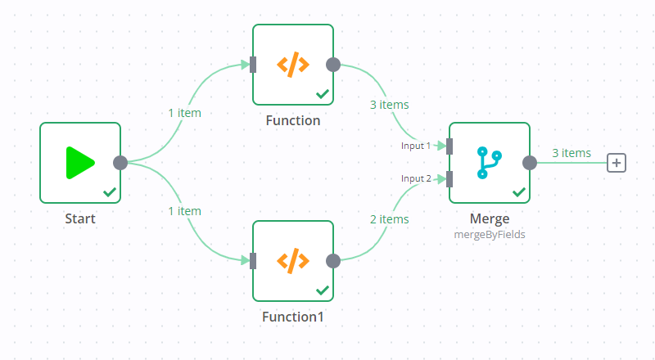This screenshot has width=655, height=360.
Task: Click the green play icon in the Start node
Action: point(80,162)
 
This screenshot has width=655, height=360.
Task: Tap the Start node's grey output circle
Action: point(120,162)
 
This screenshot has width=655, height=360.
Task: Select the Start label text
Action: point(80,218)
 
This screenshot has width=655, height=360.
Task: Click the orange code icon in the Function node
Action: point(292,64)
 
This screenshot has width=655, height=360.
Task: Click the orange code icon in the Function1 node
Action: point(292,260)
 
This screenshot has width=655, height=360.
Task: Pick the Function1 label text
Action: point(293,317)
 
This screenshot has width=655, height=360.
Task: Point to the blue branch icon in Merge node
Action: point(489,162)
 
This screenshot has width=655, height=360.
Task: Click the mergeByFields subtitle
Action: point(490,233)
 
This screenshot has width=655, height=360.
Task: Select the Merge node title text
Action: point(490,218)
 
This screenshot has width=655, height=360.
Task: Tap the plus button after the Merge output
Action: point(617,162)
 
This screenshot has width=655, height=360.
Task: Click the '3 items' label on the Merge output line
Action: point(571,153)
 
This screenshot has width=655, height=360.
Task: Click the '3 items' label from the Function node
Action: point(389,105)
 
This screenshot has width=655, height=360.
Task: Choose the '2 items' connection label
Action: point(389,219)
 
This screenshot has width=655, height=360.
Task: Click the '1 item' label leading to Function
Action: point(184,113)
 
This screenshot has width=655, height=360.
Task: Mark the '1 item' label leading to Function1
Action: point(184,211)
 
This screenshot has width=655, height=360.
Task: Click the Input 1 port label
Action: point(415,146)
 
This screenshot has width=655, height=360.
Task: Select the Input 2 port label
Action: point(415,178)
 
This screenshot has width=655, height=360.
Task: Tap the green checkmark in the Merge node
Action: point(518,192)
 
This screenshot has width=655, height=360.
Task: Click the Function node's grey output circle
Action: point(333,64)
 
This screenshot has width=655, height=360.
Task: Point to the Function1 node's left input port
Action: point(253,260)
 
